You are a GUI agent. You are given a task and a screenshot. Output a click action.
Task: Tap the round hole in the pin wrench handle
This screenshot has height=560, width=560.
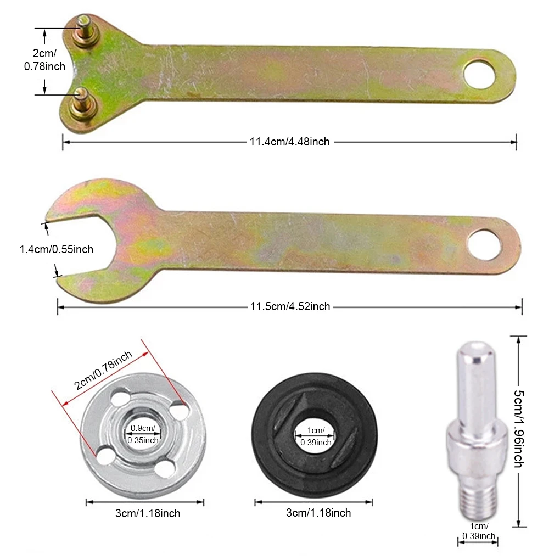point(479,74)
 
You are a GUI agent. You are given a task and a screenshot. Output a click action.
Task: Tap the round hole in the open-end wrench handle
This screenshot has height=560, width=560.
point(484,245)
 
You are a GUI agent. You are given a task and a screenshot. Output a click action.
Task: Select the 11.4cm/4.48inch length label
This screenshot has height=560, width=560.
point(289,142)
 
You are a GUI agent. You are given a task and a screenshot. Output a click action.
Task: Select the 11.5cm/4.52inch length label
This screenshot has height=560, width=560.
point(290,306)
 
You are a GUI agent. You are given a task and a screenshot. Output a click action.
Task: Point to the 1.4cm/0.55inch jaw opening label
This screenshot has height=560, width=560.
point(57,249)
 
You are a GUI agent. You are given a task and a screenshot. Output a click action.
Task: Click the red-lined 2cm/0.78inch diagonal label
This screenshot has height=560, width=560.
point(103,370)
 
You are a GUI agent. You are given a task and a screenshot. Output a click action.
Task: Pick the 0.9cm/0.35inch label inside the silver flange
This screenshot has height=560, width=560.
point(143,434)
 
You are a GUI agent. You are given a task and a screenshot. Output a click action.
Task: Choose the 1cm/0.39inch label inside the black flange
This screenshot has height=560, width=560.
point(316,436)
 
